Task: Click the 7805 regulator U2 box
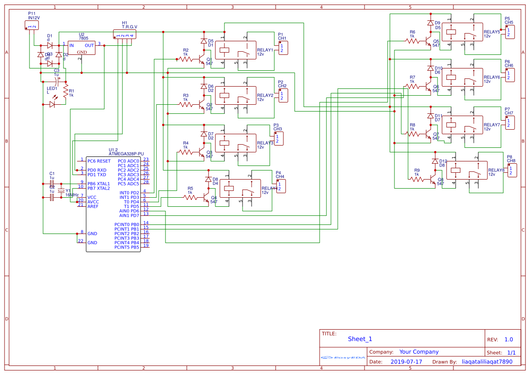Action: coord(82,48)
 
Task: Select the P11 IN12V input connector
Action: coord(32,25)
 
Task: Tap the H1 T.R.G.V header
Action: coord(125,34)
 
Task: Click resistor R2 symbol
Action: coord(185,59)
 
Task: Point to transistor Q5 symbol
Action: coord(428,41)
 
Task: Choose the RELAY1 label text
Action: coord(265,50)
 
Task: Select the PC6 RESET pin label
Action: coord(98,161)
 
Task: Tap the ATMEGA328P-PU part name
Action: coord(126,154)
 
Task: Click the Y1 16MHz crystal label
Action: coord(72,193)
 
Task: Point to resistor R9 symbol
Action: coord(417,179)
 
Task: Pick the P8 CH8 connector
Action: coord(511,170)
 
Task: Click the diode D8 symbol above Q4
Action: coord(209,180)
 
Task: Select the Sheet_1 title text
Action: coord(360,339)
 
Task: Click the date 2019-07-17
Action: coord(406,362)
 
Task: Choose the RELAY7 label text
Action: coord(491,125)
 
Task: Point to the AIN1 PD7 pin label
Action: coord(129,215)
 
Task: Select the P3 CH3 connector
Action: coord(279,139)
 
